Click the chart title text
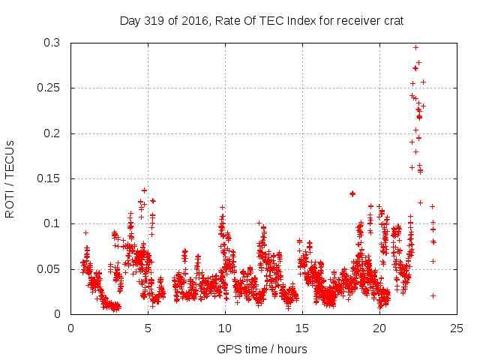(262, 21)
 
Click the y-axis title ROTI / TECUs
(10, 178)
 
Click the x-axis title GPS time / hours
(262, 349)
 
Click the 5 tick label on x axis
(148, 328)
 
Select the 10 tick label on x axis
(224, 328)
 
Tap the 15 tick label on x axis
(301, 328)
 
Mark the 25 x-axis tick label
(455, 328)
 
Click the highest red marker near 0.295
(416, 47)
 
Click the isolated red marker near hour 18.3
(352, 193)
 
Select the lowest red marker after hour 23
(433, 295)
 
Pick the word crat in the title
(393, 21)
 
